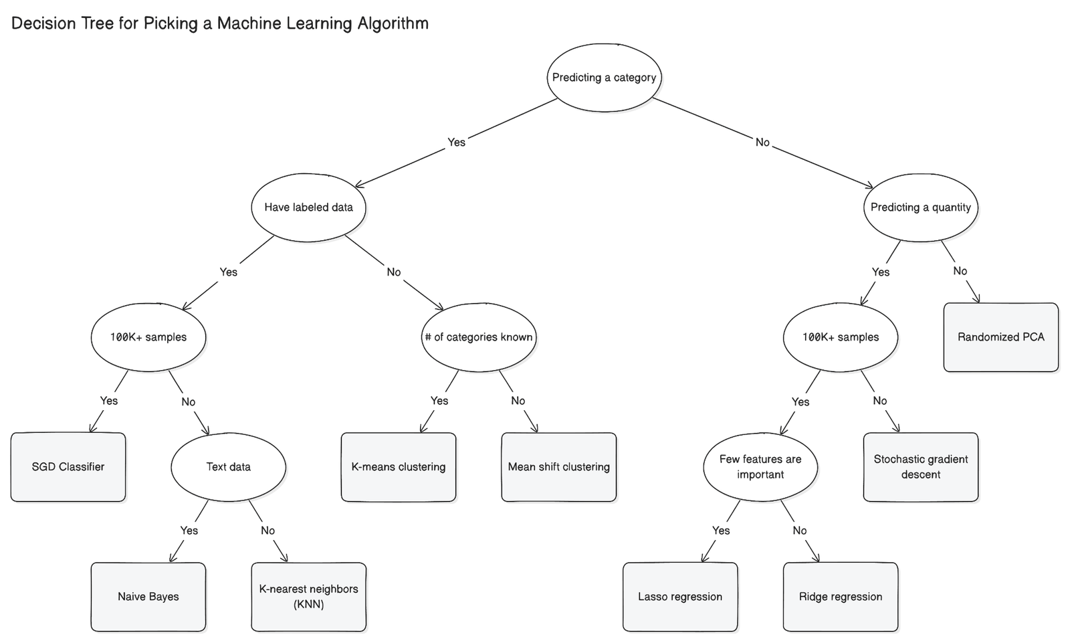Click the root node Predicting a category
604,77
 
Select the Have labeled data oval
308,207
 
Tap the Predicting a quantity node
920,207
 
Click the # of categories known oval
479,337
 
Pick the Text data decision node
228,466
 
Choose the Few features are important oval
760,466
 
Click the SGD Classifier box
68,466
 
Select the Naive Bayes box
148,596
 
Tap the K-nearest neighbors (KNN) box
308,596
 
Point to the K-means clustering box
398,466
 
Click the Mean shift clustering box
558,466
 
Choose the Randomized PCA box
1000,337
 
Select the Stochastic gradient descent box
920,466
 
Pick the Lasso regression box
679,596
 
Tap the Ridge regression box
840,596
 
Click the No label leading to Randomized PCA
960,271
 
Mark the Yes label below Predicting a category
456,142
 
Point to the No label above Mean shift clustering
518,401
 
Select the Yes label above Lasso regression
721,531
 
